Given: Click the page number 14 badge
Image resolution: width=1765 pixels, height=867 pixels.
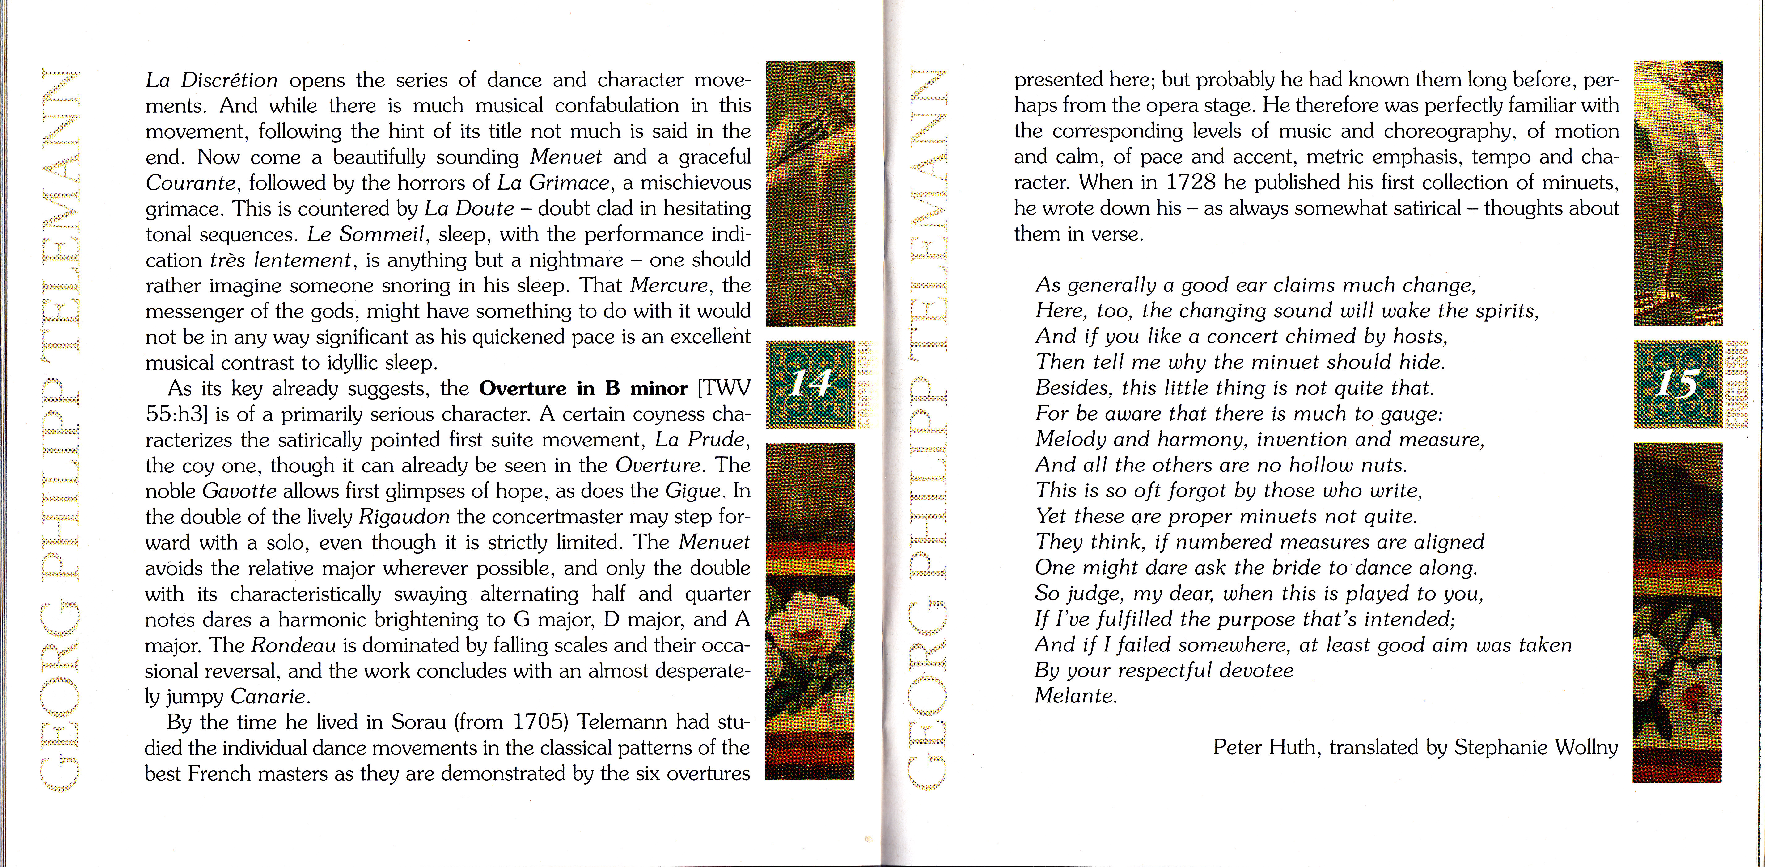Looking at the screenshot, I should click(811, 384).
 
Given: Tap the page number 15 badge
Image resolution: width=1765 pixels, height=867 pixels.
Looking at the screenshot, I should click(1677, 384).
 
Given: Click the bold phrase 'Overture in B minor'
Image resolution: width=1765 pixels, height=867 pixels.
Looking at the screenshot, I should click(583, 388).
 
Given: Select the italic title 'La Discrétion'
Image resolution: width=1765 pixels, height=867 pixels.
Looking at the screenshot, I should click(212, 80).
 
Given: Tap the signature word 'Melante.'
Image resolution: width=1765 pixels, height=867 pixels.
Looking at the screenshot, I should click(1076, 696).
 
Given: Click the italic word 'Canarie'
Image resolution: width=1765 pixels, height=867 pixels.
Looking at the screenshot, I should click(269, 697).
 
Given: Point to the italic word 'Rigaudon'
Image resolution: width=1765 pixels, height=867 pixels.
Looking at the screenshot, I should click(404, 516).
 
